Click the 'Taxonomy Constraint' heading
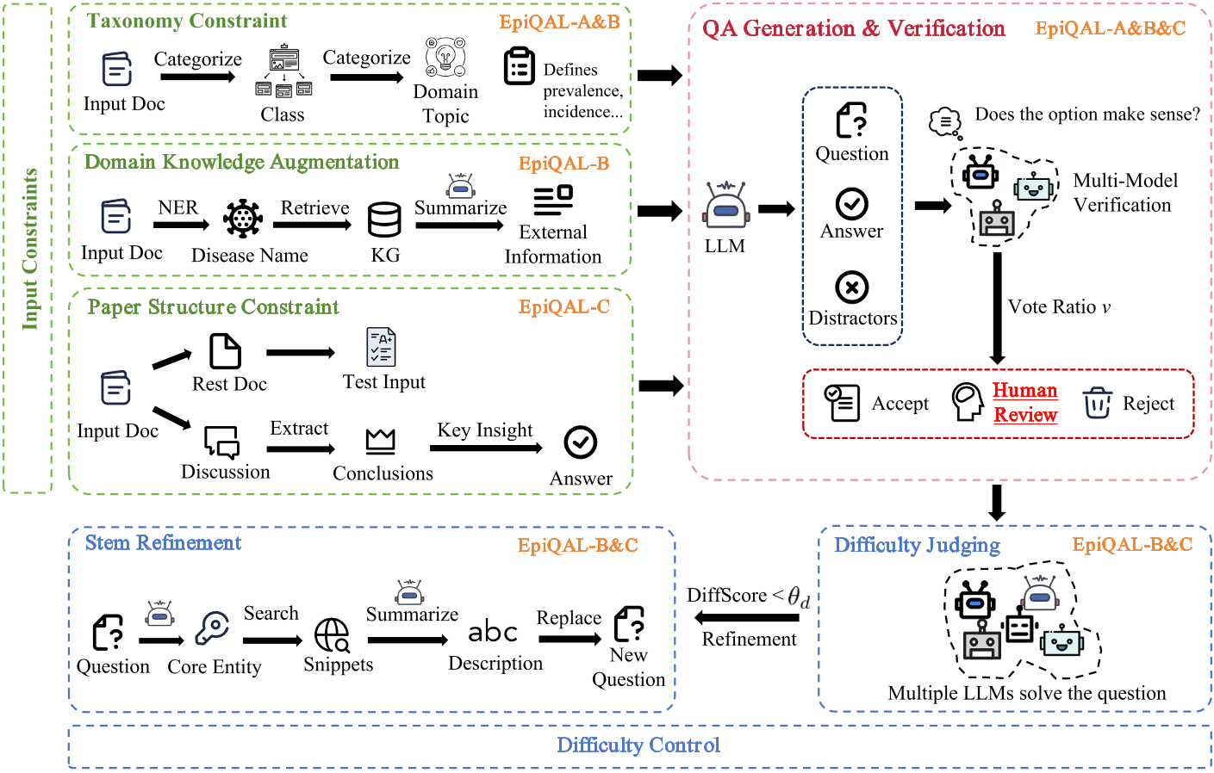tap(187, 22)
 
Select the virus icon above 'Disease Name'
tap(243, 219)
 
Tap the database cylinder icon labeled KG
tap(384, 220)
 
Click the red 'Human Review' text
tap(1024, 402)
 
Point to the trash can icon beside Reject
tap(1097, 402)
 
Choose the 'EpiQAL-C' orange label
tap(563, 307)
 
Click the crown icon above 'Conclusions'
tap(380, 441)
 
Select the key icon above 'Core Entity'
tap(212, 628)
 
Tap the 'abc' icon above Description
tap(493, 632)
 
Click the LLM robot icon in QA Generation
tap(725, 207)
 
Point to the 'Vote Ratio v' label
tap(1059, 307)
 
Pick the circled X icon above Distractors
tap(851, 287)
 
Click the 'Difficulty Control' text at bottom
tap(638, 745)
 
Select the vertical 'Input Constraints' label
tap(30, 249)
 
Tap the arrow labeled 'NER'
tap(181, 225)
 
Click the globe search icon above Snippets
tap(333, 635)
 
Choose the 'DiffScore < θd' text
tap(748, 596)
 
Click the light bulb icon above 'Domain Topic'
tap(445, 57)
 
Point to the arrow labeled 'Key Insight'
tap(486, 448)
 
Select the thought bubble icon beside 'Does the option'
tap(945, 121)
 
